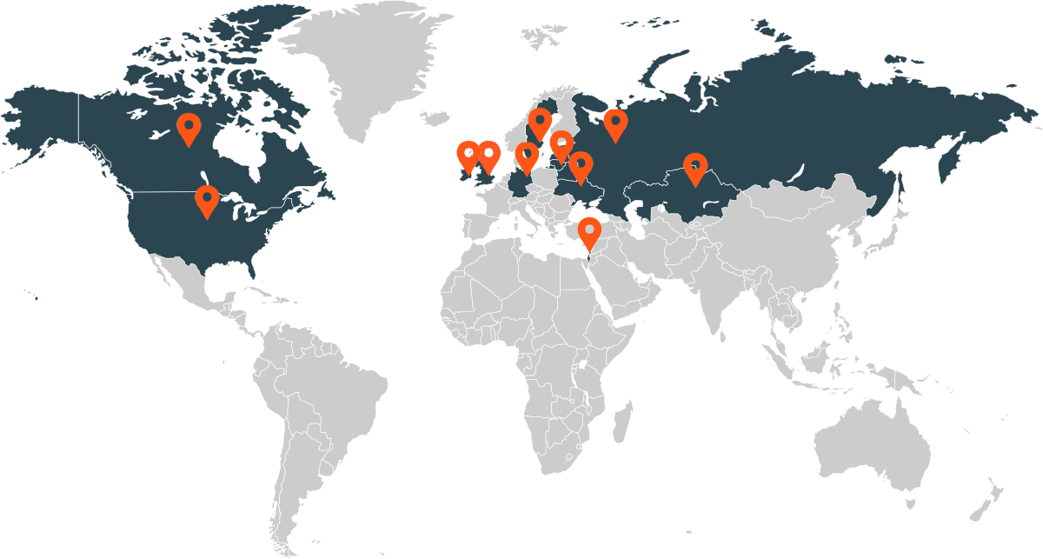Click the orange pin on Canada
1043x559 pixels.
[188, 129]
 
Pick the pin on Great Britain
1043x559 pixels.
[488, 156]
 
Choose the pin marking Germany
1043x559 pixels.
[526, 157]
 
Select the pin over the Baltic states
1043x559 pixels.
[561, 144]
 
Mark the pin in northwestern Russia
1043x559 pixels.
[615, 124]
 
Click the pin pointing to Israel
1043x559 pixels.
[591, 234]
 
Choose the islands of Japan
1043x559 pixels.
[887, 230]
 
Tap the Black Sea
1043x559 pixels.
[594, 203]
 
